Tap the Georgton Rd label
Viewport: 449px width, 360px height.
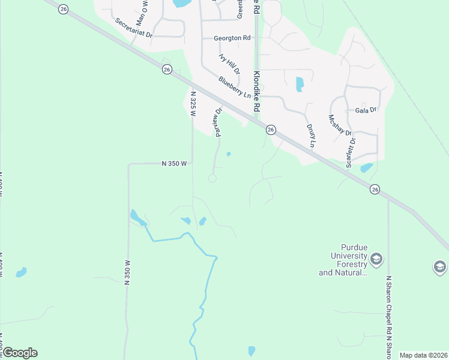click(x=232, y=38)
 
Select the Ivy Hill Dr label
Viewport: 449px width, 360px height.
click(x=229, y=63)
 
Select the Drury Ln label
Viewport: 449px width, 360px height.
click(x=310, y=136)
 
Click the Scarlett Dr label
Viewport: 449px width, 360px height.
click(x=349, y=154)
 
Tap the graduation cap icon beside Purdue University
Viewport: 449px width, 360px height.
click(x=376, y=259)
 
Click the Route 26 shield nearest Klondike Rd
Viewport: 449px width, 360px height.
click(x=271, y=130)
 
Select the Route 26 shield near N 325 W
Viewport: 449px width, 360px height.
click(x=167, y=70)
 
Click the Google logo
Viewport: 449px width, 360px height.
click(x=19, y=353)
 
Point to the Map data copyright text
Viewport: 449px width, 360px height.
click(x=423, y=355)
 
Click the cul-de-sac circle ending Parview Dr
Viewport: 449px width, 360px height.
click(x=212, y=178)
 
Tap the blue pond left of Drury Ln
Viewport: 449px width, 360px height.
click(x=300, y=84)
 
